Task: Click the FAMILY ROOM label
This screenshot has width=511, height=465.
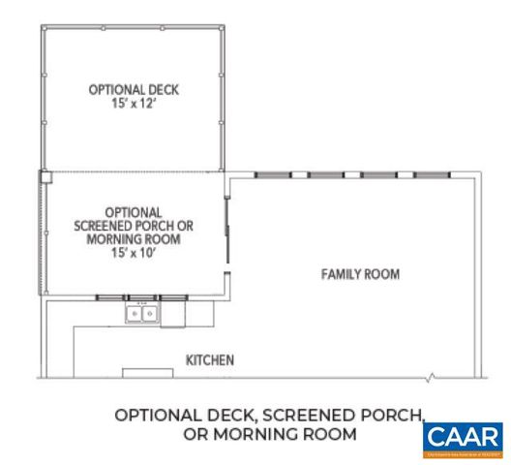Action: pyautogui.click(x=360, y=274)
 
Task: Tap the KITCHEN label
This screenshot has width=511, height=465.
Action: pyautogui.click(x=210, y=360)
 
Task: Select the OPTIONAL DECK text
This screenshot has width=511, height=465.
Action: pyautogui.click(x=134, y=89)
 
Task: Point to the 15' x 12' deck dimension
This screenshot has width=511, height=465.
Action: pyautogui.click(x=134, y=103)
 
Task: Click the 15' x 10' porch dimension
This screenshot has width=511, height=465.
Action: pyautogui.click(x=134, y=252)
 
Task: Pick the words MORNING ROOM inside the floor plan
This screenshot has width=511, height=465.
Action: pyautogui.click(x=134, y=238)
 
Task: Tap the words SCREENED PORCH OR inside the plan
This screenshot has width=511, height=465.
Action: pyautogui.click(x=134, y=225)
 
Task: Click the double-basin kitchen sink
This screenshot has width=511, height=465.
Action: pyautogui.click(x=141, y=313)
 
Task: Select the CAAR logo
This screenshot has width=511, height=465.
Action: pyautogui.click(x=463, y=438)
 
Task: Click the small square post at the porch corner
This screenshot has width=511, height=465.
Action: pyautogui.click(x=45, y=176)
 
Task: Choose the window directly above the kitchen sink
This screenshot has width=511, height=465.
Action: pyautogui.click(x=142, y=296)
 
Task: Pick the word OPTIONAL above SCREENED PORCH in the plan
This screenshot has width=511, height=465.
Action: pyautogui.click(x=134, y=211)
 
